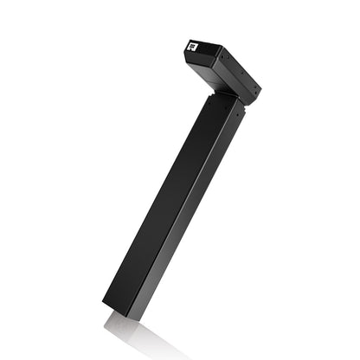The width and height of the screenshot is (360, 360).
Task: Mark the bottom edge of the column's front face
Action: (x=121, y=313)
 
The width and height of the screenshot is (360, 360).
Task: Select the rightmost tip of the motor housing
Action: (x=260, y=88)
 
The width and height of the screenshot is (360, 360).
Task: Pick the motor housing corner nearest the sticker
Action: (x=185, y=41)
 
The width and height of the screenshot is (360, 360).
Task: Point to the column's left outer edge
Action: (x=147, y=208)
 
